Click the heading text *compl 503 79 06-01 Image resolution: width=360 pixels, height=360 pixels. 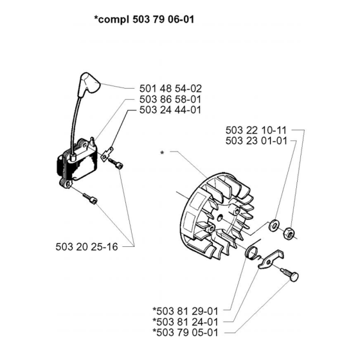tap(145, 20)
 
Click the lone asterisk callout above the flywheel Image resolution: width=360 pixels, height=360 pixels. tap(164, 153)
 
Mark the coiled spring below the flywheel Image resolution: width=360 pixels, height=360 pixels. tap(255, 253)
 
